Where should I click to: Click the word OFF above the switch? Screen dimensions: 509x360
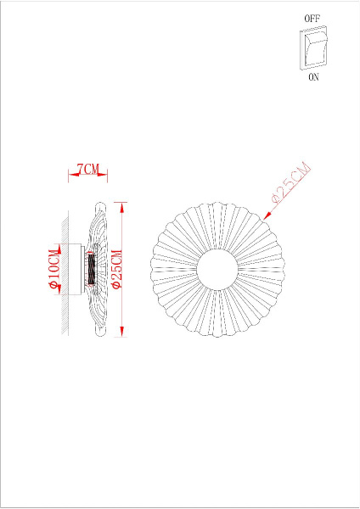pos(312,17)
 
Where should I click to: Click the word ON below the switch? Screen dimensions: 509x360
pos(313,77)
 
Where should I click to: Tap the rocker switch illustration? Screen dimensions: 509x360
pos(312,48)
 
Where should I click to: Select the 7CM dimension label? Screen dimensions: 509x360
pos(87,171)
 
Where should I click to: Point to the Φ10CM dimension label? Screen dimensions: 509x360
pos(55,270)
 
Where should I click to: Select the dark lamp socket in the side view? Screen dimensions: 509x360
pos(89,270)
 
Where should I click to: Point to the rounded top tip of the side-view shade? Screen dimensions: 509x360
pos(98,206)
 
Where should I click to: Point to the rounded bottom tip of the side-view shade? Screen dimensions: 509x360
pos(98,332)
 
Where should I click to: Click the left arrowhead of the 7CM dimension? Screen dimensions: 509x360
pos(70,176)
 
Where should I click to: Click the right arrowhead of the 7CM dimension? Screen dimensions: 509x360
pos(105,176)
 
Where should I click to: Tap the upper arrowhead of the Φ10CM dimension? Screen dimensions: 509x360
pos(60,248)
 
